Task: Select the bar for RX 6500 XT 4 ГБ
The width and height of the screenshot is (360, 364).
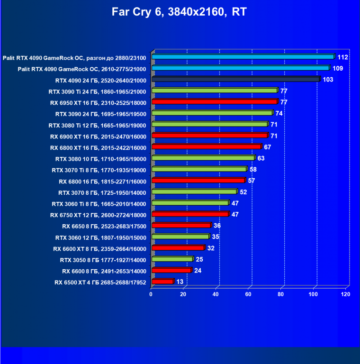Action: (x=162, y=282)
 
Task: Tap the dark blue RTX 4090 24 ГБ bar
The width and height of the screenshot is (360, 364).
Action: (x=236, y=80)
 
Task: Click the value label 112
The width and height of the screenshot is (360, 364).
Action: (x=343, y=57)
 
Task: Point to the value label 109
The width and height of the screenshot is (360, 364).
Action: (x=338, y=68)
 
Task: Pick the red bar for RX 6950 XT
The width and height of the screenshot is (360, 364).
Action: (x=214, y=102)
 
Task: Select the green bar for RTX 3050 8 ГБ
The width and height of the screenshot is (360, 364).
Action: (x=172, y=260)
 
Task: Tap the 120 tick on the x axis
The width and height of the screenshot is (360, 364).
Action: (x=346, y=294)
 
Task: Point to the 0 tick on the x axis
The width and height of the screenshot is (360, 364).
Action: (x=151, y=294)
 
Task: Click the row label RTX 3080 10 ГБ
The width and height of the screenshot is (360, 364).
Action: (x=101, y=159)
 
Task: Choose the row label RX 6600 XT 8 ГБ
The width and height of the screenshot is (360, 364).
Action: (x=99, y=248)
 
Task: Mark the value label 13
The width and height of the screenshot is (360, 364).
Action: (x=180, y=282)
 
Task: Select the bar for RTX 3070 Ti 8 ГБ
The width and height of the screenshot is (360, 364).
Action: (x=199, y=169)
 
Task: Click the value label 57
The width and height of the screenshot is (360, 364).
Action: (x=252, y=181)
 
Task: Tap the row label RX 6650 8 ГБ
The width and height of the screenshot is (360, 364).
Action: (x=103, y=226)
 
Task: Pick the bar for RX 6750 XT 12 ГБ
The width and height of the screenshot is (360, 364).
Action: (x=190, y=214)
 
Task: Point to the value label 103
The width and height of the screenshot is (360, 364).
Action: (x=328, y=80)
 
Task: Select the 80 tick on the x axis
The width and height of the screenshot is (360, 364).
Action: (x=281, y=294)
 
